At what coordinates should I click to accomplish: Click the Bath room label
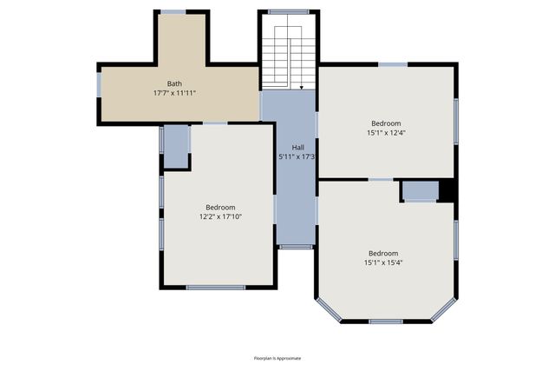click(174, 83)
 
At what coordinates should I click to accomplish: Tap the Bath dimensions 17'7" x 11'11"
click(174, 93)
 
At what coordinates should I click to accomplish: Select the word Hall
click(297, 148)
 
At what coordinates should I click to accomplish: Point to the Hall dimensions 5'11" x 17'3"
click(297, 157)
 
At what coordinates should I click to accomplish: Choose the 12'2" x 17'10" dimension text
click(220, 216)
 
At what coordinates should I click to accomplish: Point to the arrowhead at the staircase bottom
click(300, 88)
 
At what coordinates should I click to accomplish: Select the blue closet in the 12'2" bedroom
click(176, 147)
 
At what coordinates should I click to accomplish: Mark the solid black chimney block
click(447, 190)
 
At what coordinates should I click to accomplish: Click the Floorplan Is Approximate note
click(277, 358)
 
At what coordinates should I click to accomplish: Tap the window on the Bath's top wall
click(173, 11)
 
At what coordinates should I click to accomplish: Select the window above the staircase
click(289, 11)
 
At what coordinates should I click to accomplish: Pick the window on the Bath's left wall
click(99, 84)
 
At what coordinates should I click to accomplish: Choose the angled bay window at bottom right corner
click(443, 309)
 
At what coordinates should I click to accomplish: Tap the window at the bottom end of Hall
click(297, 247)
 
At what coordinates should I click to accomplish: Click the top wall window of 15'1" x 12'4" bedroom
click(393, 63)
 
